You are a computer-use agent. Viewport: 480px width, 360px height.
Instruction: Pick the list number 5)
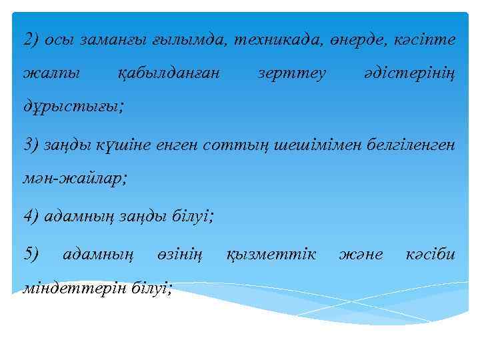click(x=32, y=254)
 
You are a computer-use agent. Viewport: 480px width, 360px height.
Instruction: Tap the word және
click(x=361, y=254)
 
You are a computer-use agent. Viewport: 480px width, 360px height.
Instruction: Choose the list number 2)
click(x=32, y=39)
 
